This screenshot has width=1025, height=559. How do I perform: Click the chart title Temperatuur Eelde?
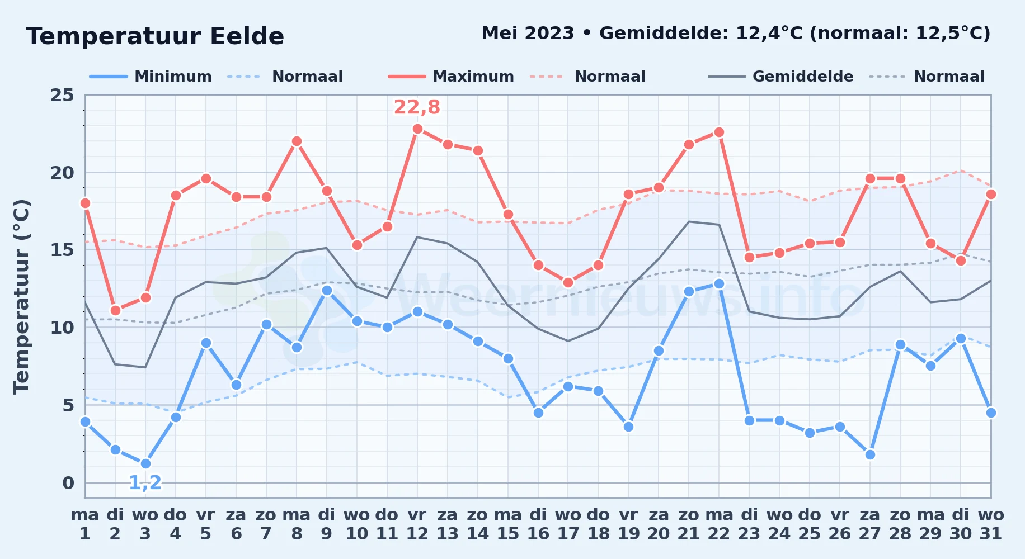[x=155, y=36]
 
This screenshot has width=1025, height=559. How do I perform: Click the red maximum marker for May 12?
[x=417, y=129]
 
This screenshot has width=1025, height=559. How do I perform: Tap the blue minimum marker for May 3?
[x=145, y=463]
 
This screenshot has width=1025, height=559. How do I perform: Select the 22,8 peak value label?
[x=417, y=107]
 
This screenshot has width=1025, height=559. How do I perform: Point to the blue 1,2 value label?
[x=145, y=482]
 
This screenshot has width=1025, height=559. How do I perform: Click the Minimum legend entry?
[x=151, y=77]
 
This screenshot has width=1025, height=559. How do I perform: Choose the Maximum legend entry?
[x=451, y=77]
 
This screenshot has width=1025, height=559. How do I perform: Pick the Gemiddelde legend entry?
[x=780, y=77]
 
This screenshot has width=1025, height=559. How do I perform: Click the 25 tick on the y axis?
[x=62, y=95]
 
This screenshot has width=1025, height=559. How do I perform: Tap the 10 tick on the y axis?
[x=62, y=327]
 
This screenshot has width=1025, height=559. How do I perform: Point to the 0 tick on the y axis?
[x=68, y=482]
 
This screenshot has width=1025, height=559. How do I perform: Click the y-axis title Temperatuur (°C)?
[x=21, y=296]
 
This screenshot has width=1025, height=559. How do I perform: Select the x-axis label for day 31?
[x=991, y=524]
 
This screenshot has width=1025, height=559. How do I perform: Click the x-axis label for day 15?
[x=508, y=524]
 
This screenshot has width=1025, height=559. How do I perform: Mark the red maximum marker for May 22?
[x=719, y=132]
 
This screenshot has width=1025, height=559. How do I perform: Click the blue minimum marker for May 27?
[x=870, y=454]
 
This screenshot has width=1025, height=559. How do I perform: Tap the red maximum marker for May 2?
[x=115, y=310]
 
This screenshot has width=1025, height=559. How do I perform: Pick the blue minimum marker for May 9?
[x=327, y=290]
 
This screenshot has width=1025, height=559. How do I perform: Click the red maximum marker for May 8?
[x=297, y=141]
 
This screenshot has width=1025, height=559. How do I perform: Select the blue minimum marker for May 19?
[x=628, y=427]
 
